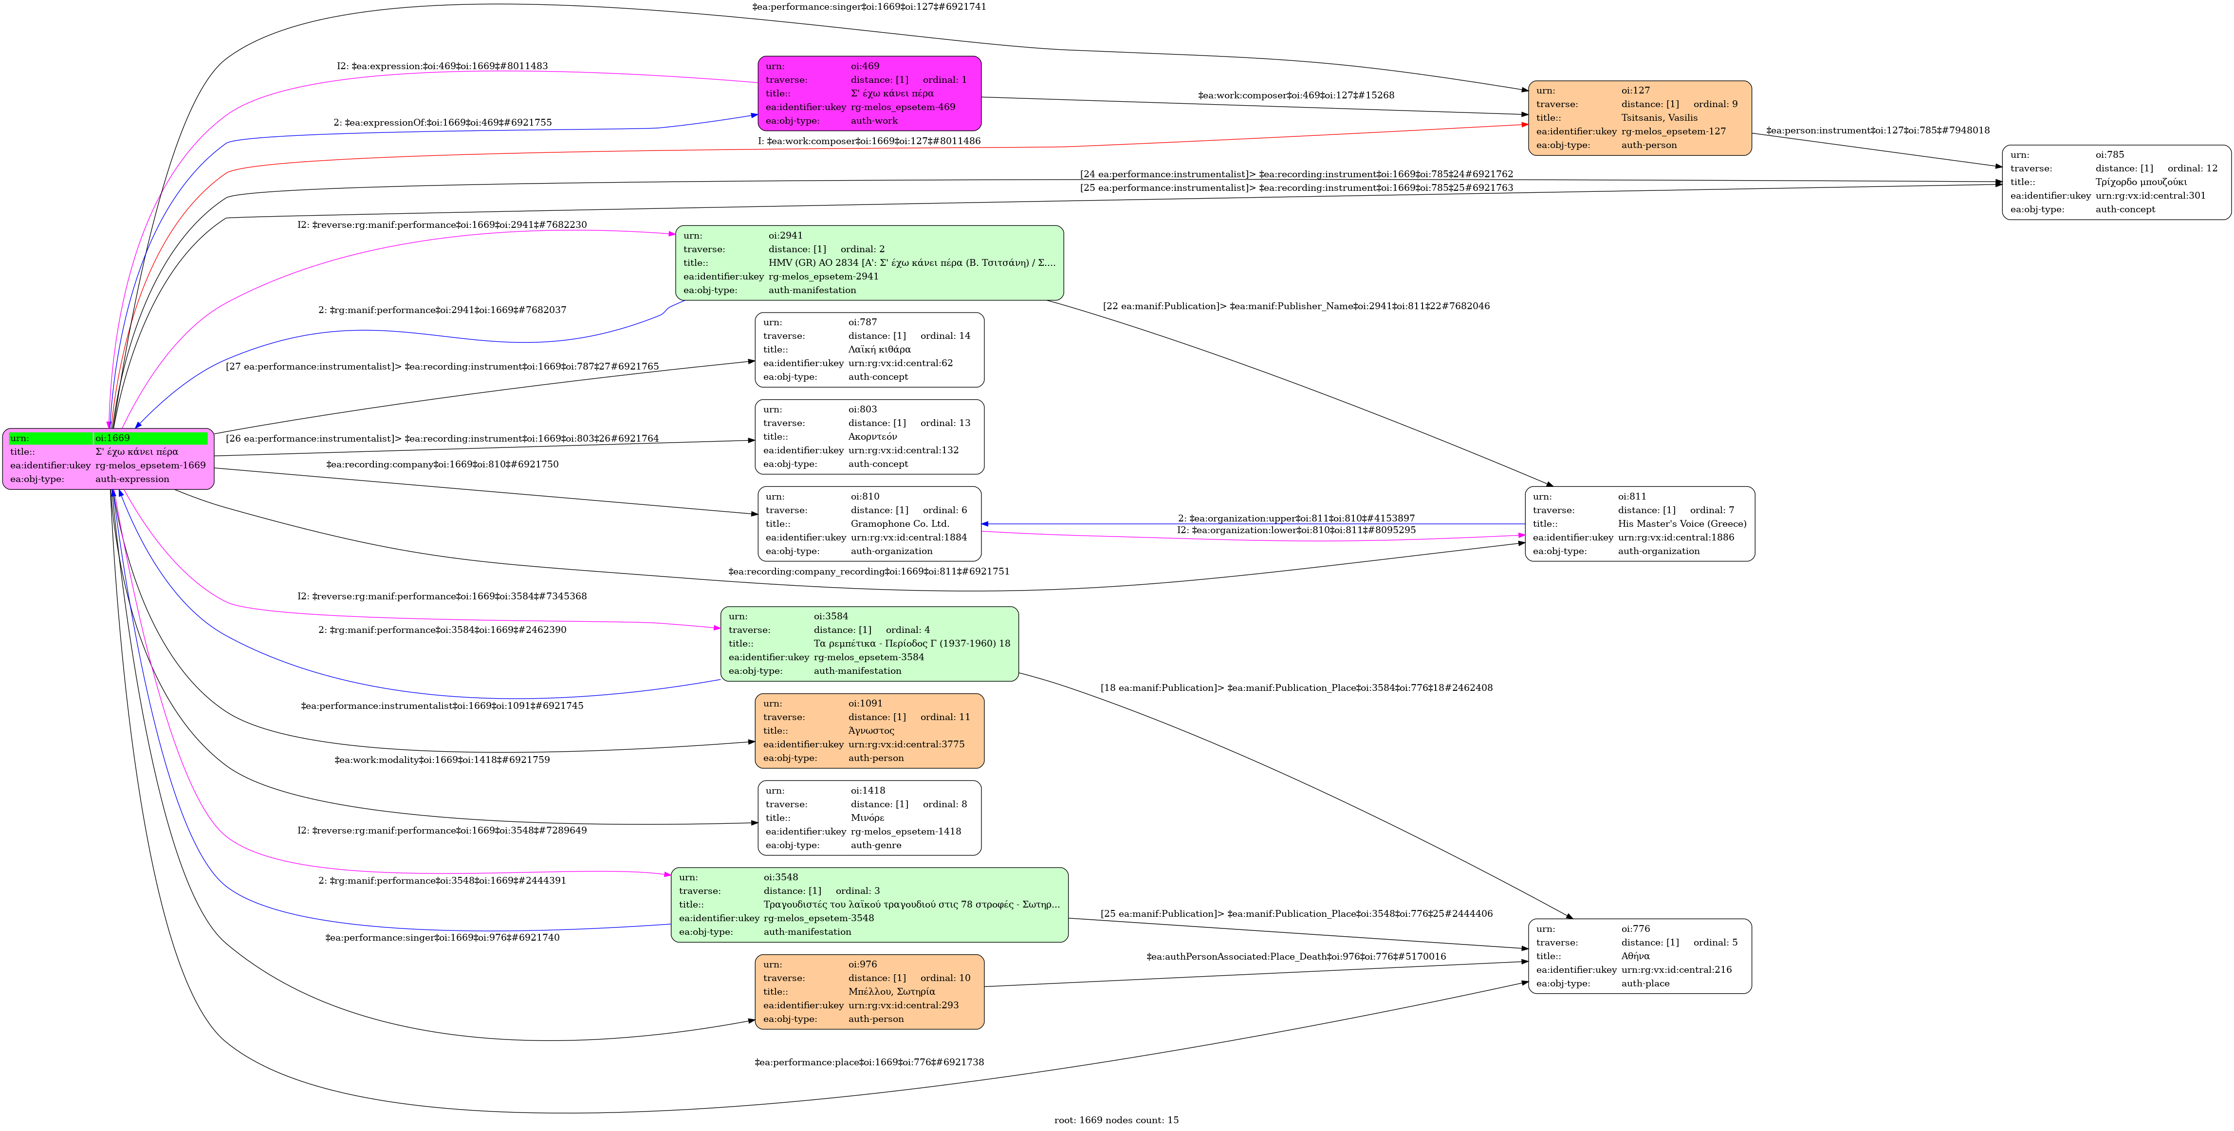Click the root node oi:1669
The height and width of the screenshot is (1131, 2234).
point(109,459)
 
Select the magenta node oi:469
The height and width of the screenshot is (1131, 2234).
point(869,93)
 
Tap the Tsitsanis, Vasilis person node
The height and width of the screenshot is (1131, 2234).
point(1639,118)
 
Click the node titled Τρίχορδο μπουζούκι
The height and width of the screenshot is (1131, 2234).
point(2116,182)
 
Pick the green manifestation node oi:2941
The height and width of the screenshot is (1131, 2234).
point(869,263)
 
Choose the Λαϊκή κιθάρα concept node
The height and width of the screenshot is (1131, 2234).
point(869,350)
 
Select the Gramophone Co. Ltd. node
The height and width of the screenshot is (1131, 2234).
point(869,524)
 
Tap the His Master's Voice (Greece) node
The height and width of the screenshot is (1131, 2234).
point(1639,524)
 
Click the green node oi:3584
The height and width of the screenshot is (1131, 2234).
point(869,644)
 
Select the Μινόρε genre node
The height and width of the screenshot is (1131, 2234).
point(869,818)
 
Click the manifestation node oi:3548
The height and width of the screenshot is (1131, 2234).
point(869,905)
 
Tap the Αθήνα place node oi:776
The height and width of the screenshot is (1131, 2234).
point(1639,956)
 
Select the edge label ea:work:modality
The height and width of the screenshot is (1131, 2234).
point(443,760)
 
